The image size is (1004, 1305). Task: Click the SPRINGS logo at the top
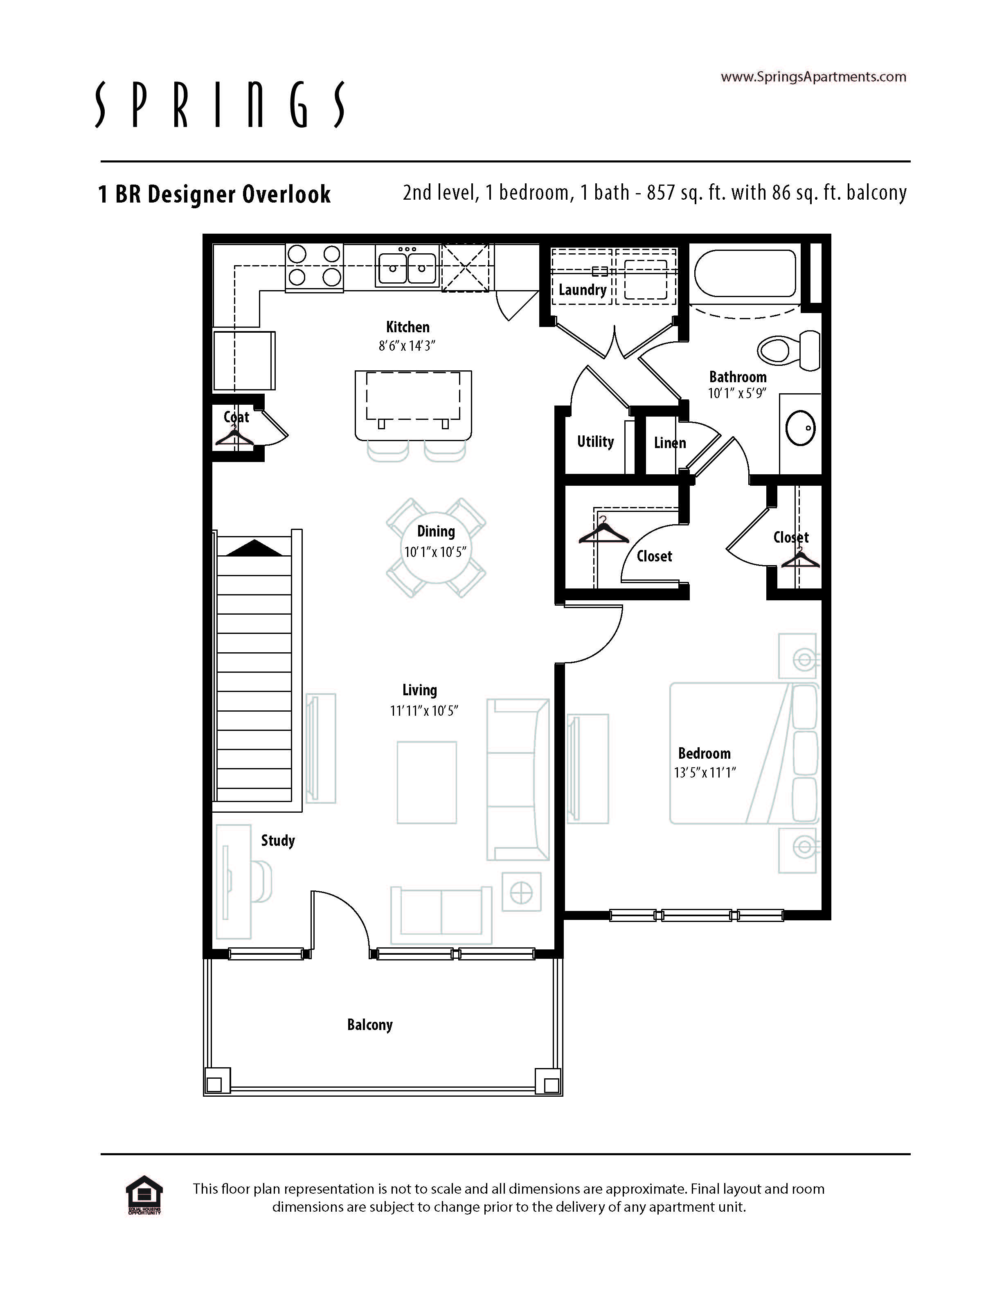(x=220, y=105)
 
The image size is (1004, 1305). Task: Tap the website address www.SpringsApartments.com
(x=813, y=77)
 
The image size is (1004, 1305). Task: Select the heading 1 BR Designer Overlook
(x=214, y=194)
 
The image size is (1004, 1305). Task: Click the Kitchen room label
(x=407, y=327)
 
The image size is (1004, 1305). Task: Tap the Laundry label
(x=582, y=290)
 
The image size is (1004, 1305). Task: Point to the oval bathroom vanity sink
(x=800, y=428)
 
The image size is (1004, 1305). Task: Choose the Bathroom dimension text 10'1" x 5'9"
(x=737, y=393)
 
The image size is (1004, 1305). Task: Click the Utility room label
(x=595, y=442)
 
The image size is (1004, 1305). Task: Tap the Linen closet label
(x=669, y=443)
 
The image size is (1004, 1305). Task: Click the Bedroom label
(x=704, y=753)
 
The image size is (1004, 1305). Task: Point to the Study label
(x=278, y=841)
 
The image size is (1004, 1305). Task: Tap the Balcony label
(x=370, y=1025)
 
